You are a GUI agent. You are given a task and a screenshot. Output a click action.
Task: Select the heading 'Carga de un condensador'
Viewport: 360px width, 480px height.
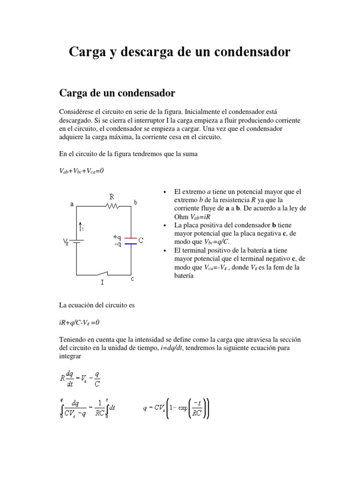pyautogui.click(x=117, y=93)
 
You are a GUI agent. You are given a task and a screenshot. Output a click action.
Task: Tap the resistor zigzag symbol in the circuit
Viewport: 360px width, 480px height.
pyautogui.click(x=112, y=205)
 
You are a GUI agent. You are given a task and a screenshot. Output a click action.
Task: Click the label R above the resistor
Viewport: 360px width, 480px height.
pyautogui.click(x=112, y=197)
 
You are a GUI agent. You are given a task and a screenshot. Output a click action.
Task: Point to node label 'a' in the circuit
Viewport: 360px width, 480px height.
pyautogui.click(x=72, y=204)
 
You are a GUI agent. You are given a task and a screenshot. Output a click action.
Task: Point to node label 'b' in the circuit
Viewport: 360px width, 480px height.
pyautogui.click(x=135, y=202)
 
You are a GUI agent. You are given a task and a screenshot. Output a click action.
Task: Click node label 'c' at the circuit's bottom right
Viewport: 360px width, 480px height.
pyautogui.click(x=132, y=278)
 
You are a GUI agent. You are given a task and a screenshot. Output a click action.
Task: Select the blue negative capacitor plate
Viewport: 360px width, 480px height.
pyautogui.click(x=131, y=243)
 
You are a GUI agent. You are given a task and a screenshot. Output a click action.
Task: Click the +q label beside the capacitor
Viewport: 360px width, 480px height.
pyautogui.click(x=117, y=237)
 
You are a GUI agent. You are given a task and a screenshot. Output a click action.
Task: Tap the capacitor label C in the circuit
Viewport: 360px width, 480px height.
pyautogui.click(x=141, y=240)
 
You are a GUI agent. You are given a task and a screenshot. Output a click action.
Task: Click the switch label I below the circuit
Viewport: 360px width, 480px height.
pyautogui.click(x=102, y=283)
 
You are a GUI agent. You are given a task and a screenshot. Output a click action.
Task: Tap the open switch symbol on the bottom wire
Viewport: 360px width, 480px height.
pyautogui.click(x=104, y=273)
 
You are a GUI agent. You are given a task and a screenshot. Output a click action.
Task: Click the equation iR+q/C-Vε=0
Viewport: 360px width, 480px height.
pyautogui.click(x=80, y=322)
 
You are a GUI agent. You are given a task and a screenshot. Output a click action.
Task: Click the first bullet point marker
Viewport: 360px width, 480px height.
pyautogui.click(x=165, y=192)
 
